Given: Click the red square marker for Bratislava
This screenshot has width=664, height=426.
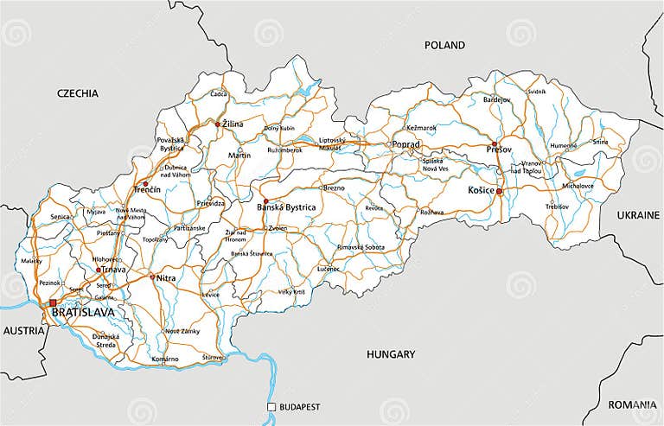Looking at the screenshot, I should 53,302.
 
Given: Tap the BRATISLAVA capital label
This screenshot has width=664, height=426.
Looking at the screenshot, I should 83,313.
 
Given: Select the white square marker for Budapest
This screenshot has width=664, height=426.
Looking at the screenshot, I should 271,407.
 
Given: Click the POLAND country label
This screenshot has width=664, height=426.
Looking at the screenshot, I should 444,45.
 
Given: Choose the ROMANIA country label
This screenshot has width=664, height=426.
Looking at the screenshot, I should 632,404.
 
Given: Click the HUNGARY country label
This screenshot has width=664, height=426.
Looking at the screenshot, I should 391,353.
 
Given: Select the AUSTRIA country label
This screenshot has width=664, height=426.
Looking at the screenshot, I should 23,331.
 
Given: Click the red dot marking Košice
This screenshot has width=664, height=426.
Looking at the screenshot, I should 499,191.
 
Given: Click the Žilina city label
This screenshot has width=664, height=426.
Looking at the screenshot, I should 233,124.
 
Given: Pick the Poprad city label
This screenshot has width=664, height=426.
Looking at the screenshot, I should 405,144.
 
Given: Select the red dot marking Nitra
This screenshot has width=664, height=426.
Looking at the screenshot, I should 152,277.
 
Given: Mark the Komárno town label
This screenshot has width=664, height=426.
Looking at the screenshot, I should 164,359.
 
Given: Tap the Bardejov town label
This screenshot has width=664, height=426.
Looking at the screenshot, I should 497,99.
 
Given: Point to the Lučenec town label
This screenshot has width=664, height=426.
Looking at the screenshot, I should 329,270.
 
